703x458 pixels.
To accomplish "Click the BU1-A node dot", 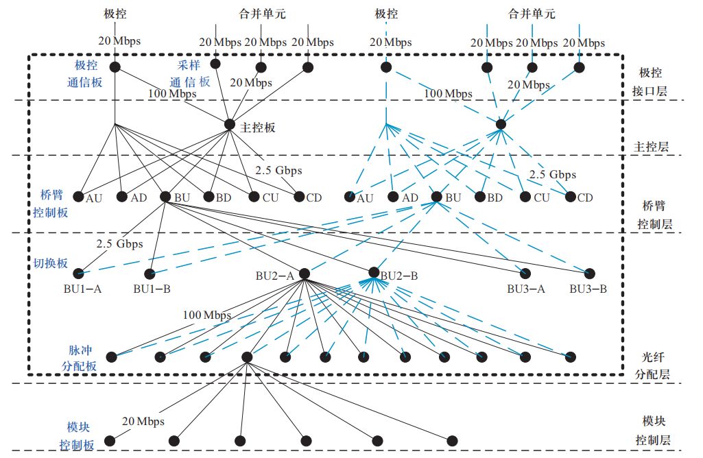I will pos(78,273).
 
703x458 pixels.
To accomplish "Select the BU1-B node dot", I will pos(152,273).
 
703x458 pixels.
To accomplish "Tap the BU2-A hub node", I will pos(305,273).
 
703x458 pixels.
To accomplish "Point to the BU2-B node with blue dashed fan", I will pos(374,272).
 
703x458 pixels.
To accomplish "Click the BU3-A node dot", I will pos(525,273).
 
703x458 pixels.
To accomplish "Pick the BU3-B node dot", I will pos(588,273).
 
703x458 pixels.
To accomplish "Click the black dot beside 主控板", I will pos(230,124).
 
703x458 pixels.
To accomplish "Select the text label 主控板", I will pos(259,127).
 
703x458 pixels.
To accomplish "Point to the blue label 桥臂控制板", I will pos(51,203).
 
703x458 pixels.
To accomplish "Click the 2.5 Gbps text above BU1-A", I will pos(119,243).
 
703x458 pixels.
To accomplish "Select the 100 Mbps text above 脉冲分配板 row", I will pos(206,315).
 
